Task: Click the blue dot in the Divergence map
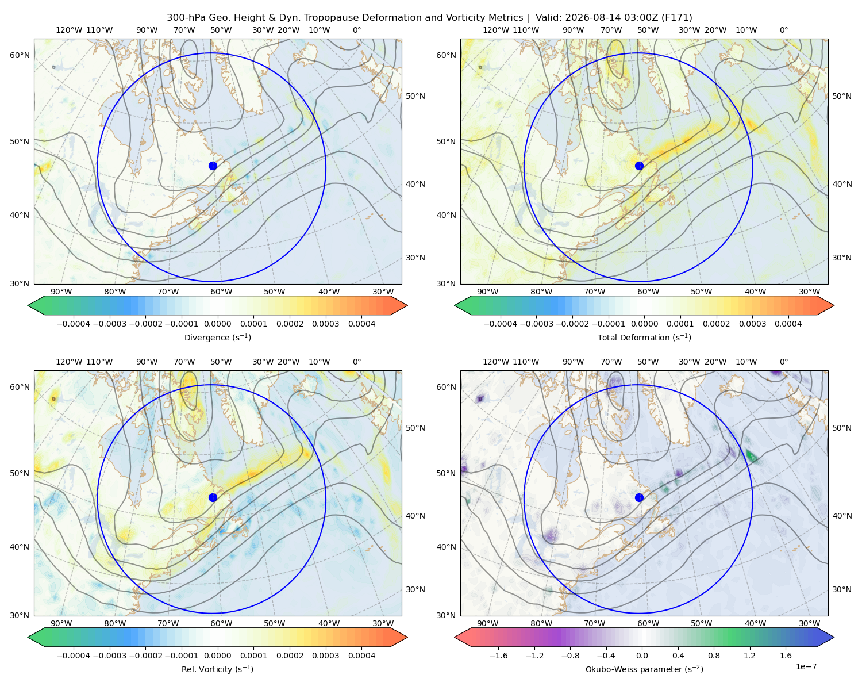(213, 166)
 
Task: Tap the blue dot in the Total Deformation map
(639, 166)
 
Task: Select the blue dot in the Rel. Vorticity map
(213, 497)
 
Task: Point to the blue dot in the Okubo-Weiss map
(639, 497)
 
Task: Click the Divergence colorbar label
(217, 338)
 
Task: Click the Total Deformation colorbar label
(644, 338)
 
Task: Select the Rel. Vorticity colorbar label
(217, 669)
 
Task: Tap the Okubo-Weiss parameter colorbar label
(644, 669)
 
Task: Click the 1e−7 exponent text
(806, 666)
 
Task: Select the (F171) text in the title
(677, 18)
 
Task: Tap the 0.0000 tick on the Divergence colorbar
(217, 324)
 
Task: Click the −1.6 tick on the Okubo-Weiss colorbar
(498, 655)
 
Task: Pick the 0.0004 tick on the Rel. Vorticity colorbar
(361, 655)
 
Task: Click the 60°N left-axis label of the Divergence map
(20, 55)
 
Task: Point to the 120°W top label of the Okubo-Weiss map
(495, 362)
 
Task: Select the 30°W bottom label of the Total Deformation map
(810, 292)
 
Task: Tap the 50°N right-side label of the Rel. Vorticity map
(415, 428)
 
